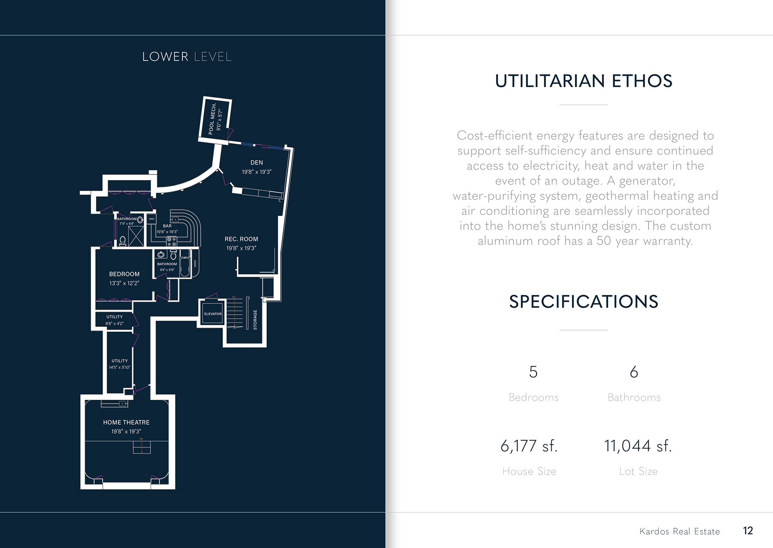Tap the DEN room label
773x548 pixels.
pos(256,162)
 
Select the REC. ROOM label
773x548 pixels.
pos(241,239)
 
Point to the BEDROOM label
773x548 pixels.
pos(124,274)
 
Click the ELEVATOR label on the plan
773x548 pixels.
pos(213,314)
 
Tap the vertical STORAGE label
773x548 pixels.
pos(255,320)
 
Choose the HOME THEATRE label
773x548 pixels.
pos(126,422)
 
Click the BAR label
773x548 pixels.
pos(167,226)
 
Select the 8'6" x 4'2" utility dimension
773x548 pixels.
pos(114,324)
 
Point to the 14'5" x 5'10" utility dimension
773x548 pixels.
pos(120,367)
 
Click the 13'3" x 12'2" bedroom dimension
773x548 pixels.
pos(124,283)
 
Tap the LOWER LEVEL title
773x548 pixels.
pos(187,57)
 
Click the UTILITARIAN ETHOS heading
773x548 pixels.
pos(583,81)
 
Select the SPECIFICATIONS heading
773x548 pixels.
pos(583,301)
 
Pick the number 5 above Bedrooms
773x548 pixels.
pos(533,372)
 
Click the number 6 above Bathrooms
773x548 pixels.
pos(634,372)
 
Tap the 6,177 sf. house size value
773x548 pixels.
pos(529,446)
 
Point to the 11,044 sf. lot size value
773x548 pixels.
pos(638,446)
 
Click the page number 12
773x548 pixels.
pos(748,531)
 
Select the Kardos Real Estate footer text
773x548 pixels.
pos(680,531)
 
